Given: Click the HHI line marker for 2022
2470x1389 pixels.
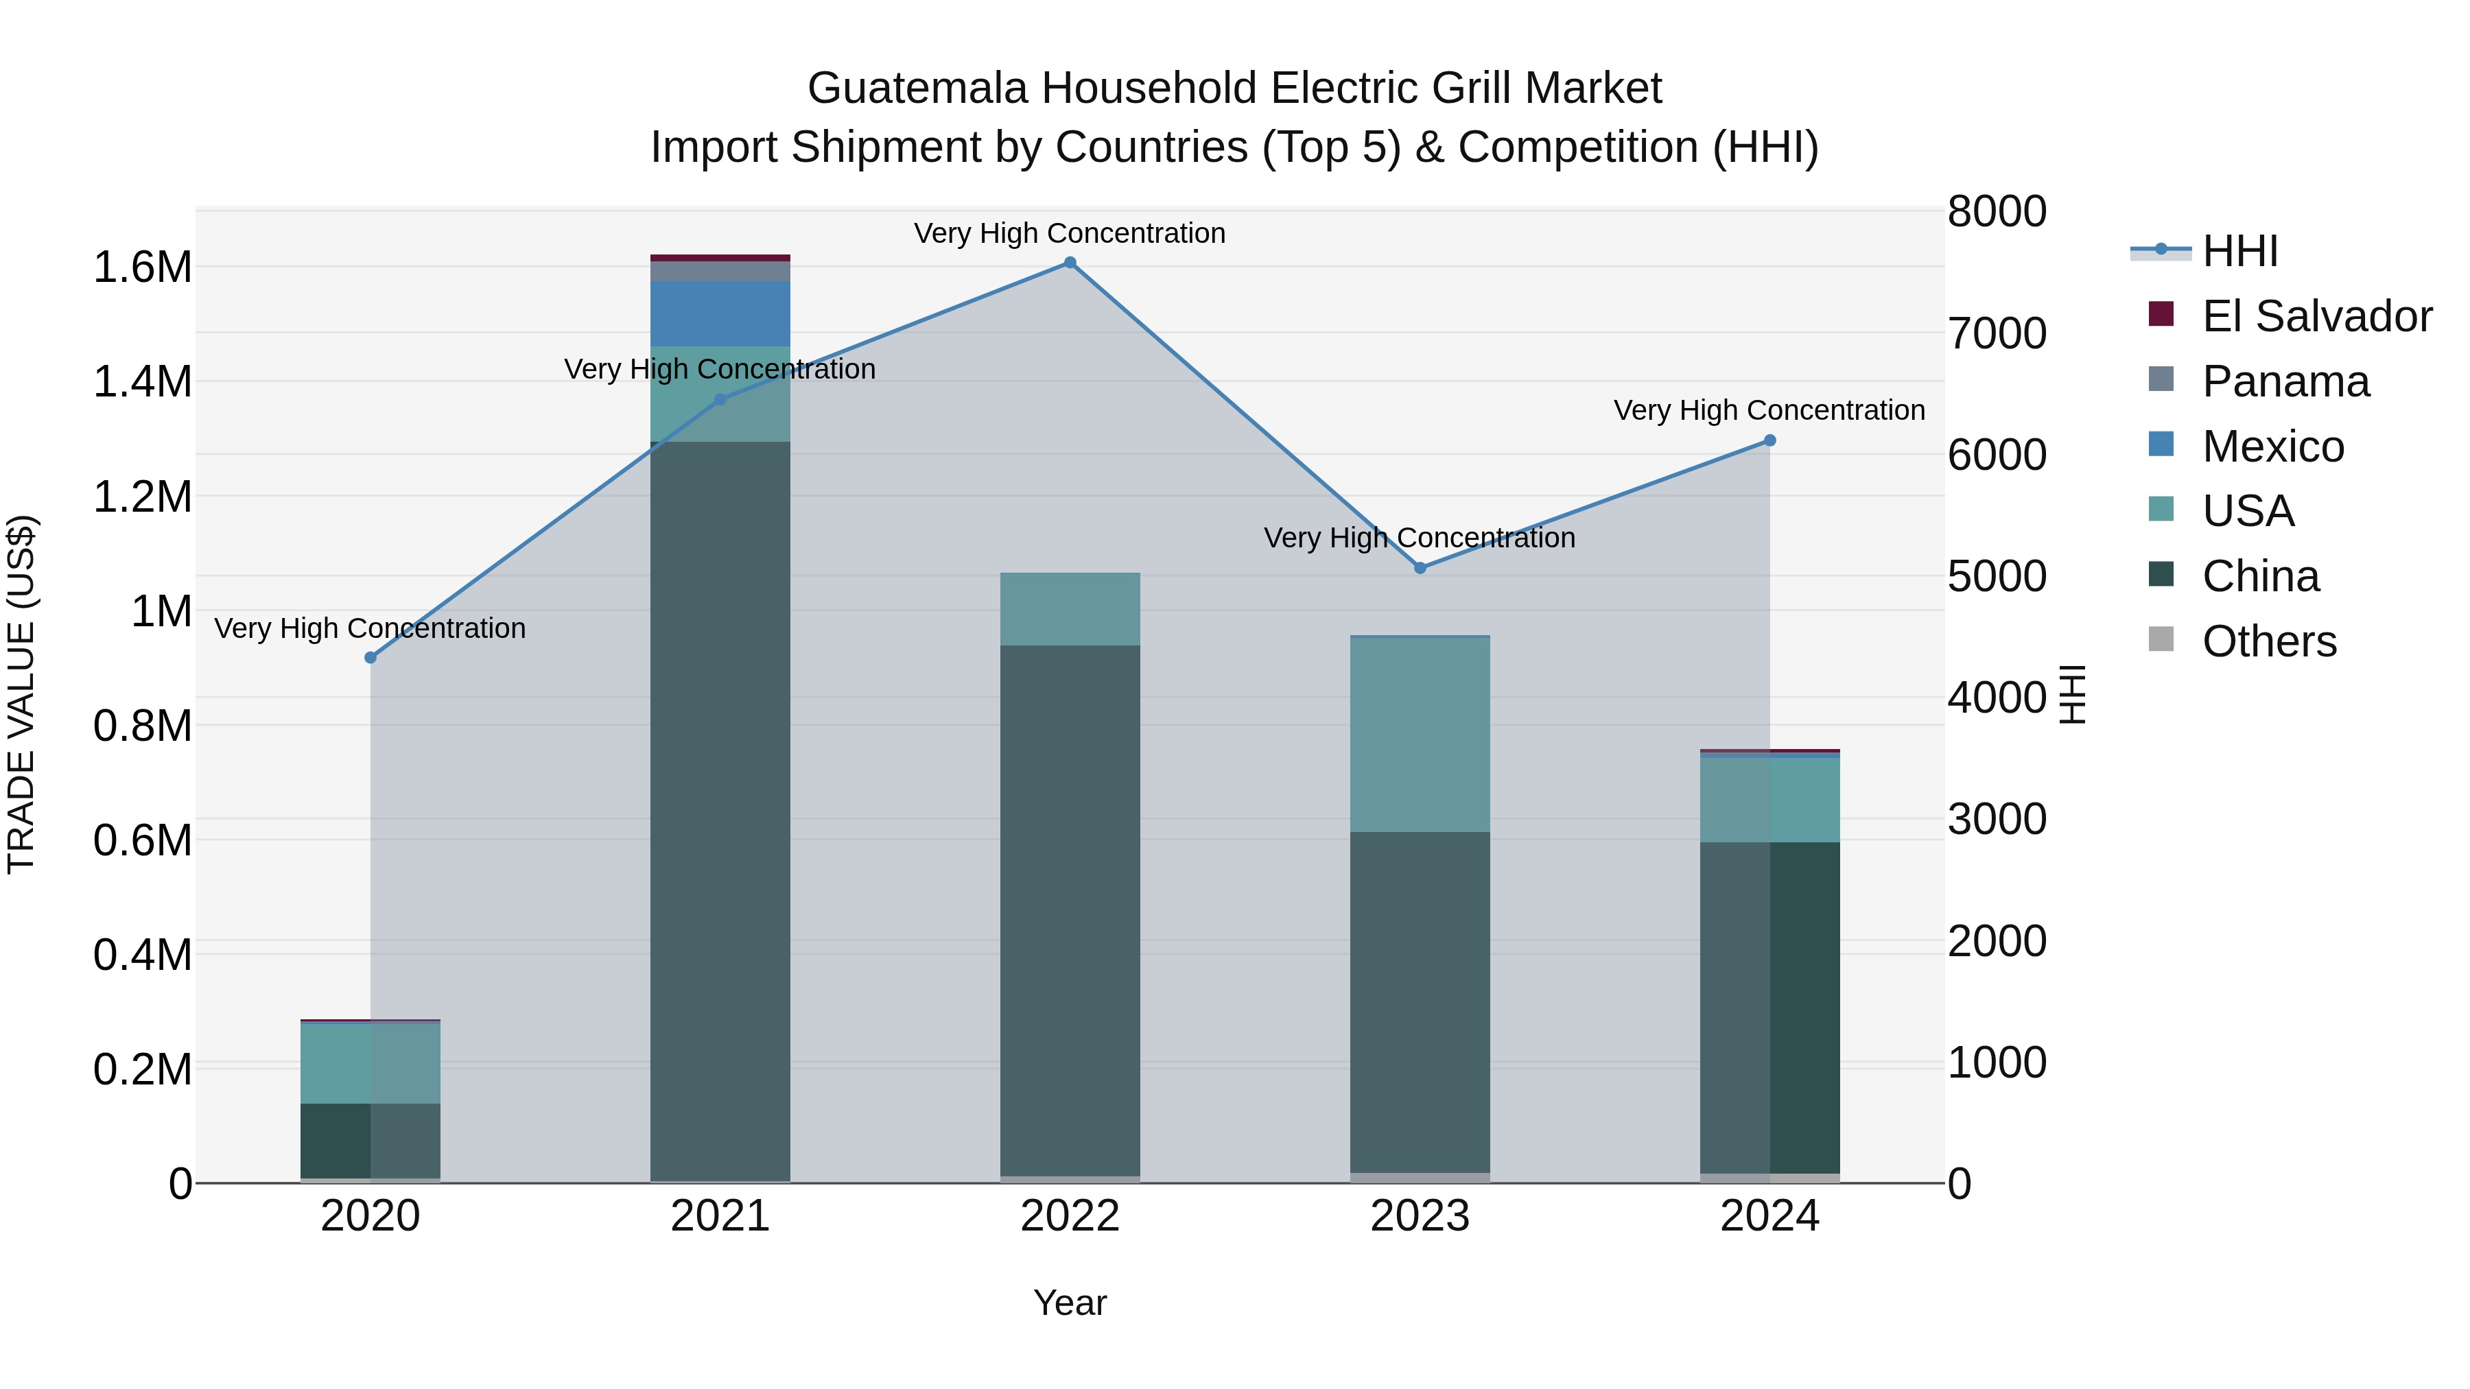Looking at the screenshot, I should (1070, 263).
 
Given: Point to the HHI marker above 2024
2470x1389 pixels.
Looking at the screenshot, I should (1770, 441).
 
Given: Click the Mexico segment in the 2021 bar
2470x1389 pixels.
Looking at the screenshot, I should (720, 313).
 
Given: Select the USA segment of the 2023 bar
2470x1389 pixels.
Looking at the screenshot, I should (1420, 734).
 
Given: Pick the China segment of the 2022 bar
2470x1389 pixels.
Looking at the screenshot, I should (1070, 911).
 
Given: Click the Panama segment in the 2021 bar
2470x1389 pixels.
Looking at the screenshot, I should (720, 271).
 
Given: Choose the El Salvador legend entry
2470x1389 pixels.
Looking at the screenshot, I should (2316, 316).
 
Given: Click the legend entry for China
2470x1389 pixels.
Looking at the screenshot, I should (2261, 576).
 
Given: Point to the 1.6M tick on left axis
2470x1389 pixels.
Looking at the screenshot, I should (142, 268).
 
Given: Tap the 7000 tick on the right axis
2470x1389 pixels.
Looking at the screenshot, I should (1997, 333).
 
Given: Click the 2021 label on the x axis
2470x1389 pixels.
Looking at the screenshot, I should (720, 1216).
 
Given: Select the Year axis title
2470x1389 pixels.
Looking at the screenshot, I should (1070, 1303).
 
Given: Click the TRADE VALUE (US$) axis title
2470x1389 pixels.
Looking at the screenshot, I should (21, 694).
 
